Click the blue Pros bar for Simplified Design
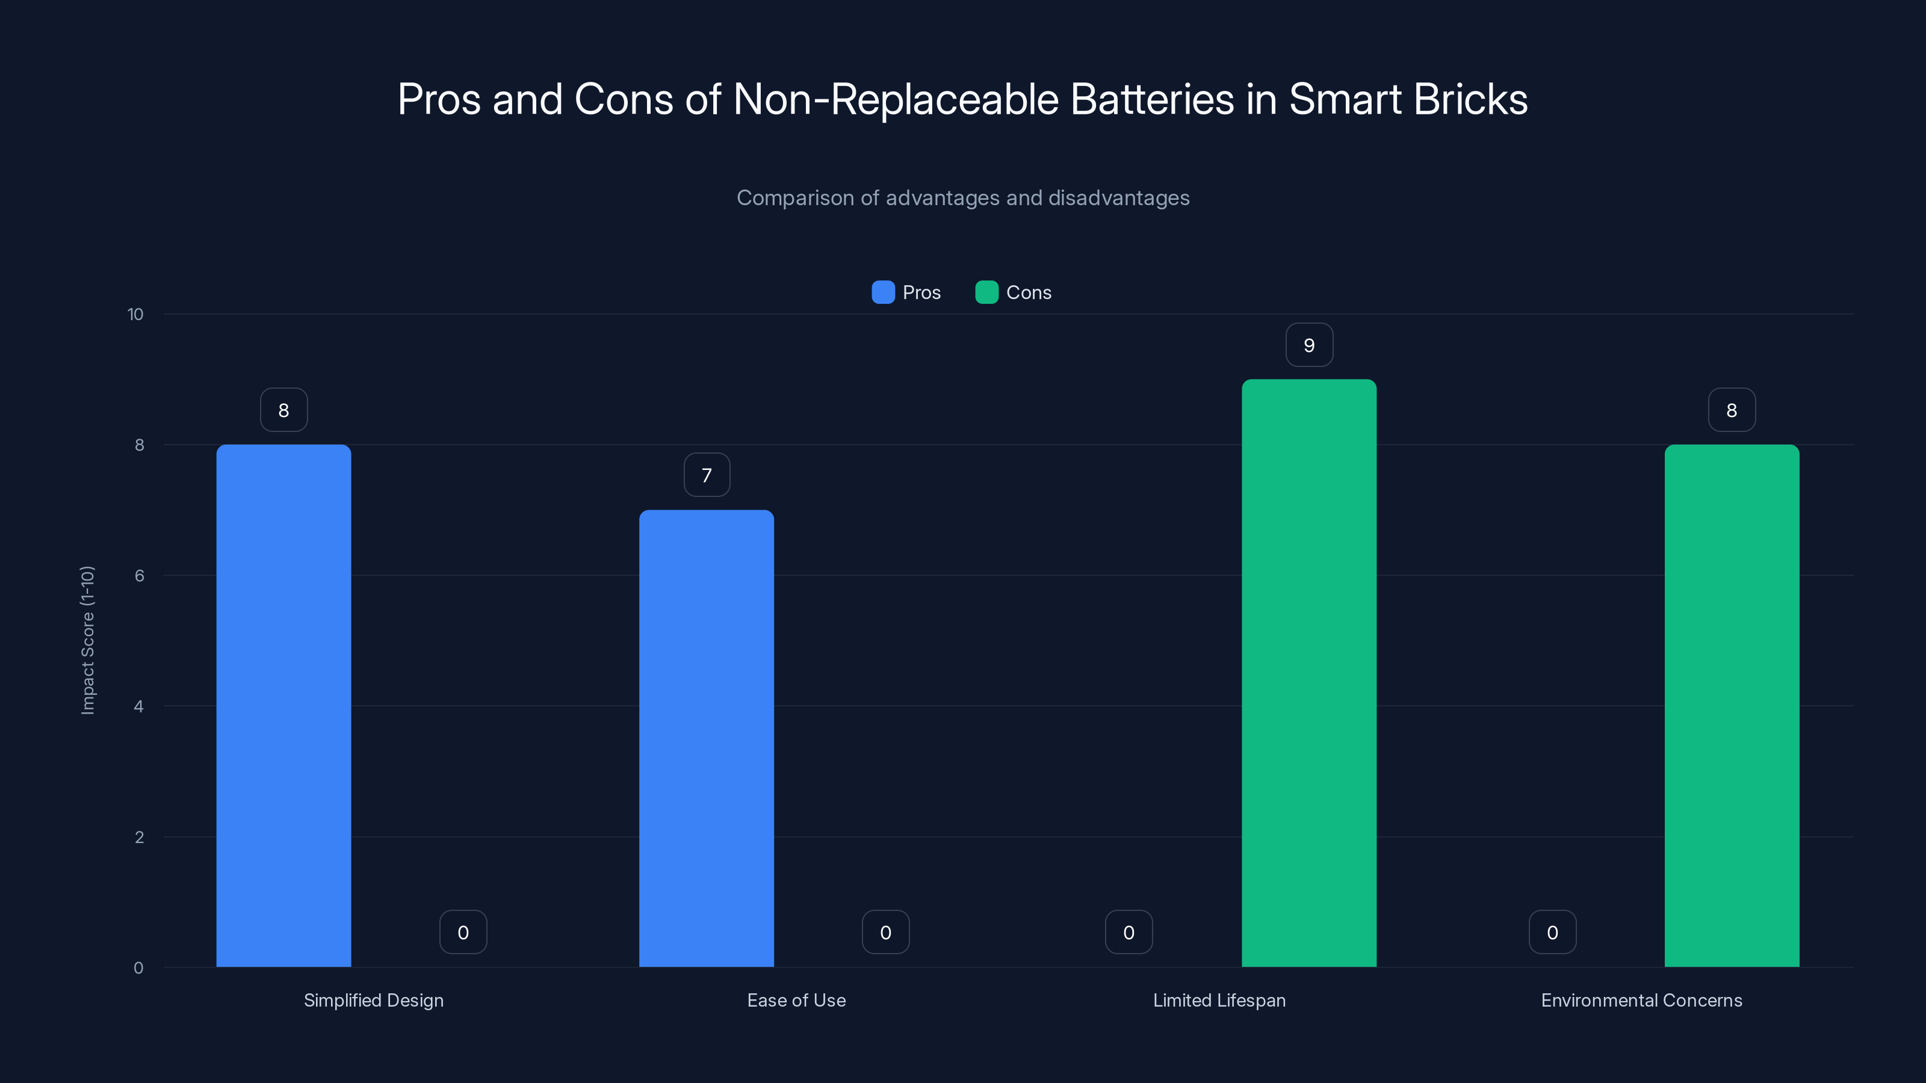pyautogui.click(x=283, y=706)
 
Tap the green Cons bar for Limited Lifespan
pyautogui.click(x=1308, y=673)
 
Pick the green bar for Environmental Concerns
pyautogui.click(x=1732, y=706)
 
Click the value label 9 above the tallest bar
pyautogui.click(x=1308, y=345)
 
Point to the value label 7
pyautogui.click(x=706, y=475)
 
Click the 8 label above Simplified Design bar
pyautogui.click(x=283, y=410)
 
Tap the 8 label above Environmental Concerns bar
pyautogui.click(x=1732, y=410)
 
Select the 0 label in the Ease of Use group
pyautogui.click(x=885, y=933)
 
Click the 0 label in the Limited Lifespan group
pyautogui.click(x=1129, y=933)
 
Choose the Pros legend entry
pyautogui.click(x=906, y=292)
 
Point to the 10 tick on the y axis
pyautogui.click(x=135, y=314)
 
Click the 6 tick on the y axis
pyautogui.click(x=139, y=576)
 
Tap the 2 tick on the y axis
pyautogui.click(x=139, y=837)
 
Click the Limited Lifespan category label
pyautogui.click(x=1219, y=1000)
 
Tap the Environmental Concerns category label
pyautogui.click(x=1641, y=1000)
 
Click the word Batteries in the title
pyautogui.click(x=1151, y=99)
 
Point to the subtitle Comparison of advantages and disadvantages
pyautogui.click(x=963, y=198)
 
